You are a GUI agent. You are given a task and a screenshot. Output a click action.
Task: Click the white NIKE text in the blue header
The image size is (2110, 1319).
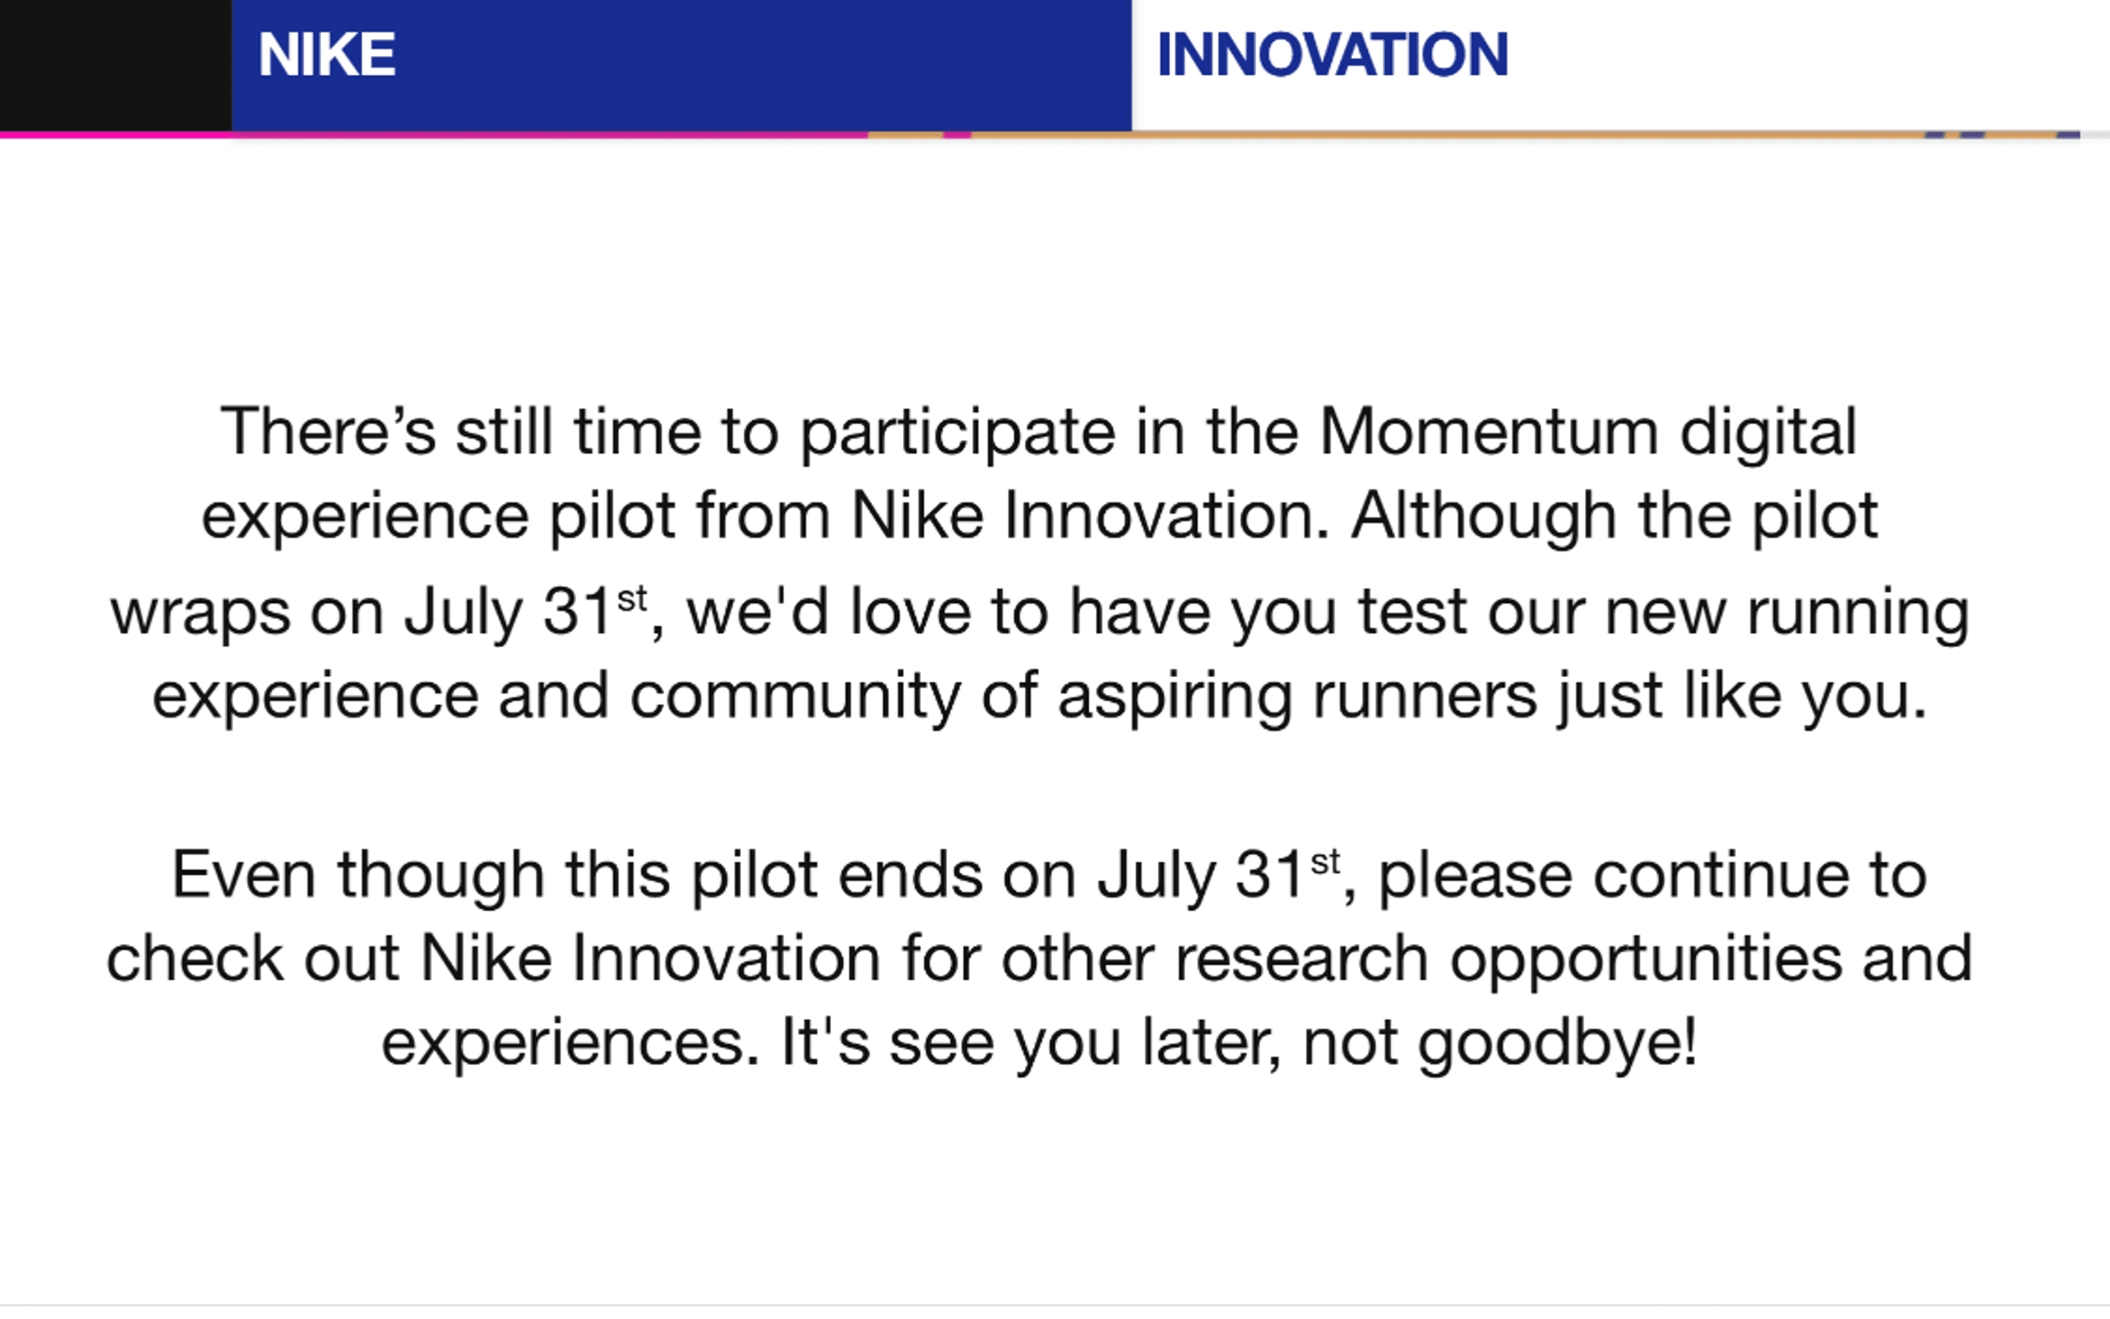coord(326,54)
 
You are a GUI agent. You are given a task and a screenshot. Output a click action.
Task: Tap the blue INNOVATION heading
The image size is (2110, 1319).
coord(1332,54)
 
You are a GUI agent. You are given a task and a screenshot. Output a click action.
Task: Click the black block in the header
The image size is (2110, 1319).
coord(115,65)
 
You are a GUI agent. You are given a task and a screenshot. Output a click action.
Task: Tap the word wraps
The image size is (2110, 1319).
coord(200,613)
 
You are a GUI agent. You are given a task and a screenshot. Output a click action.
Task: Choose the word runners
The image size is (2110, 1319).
coord(1425,696)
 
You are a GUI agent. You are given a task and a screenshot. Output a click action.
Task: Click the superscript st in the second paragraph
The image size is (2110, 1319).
coord(1325,862)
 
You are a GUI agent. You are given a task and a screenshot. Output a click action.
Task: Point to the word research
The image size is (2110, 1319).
coord(1301,959)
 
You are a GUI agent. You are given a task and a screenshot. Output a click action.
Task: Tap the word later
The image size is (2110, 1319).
coord(1211,1043)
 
